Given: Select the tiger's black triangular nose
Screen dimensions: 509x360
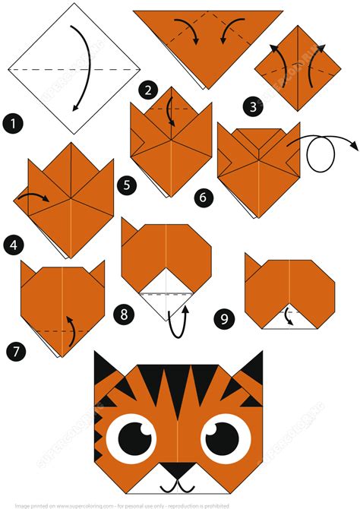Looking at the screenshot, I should pyautogui.click(x=178, y=471).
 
